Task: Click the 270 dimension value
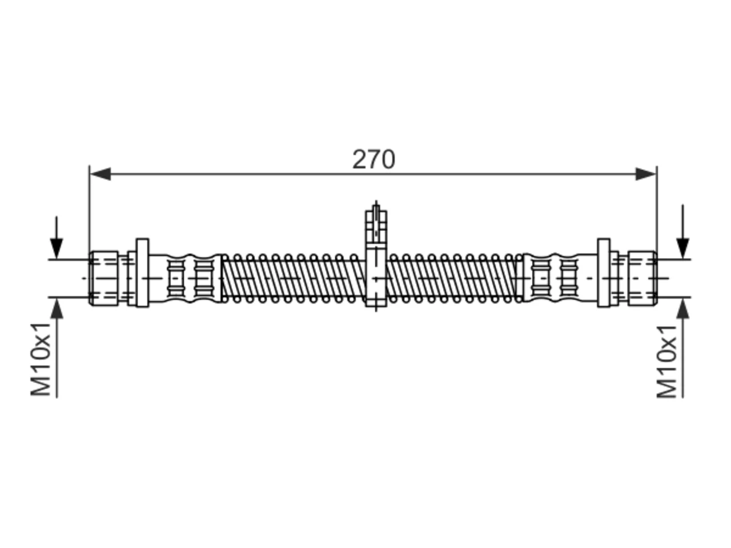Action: pos(373,159)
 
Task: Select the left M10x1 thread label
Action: pos(41,360)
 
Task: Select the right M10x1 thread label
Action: pos(666,361)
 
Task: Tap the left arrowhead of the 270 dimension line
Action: pos(101,174)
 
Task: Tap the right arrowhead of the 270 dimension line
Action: pos(645,174)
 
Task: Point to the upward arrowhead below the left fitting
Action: pos(57,308)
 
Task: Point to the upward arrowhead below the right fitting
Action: pos(683,308)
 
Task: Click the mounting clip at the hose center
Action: pos(376,257)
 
